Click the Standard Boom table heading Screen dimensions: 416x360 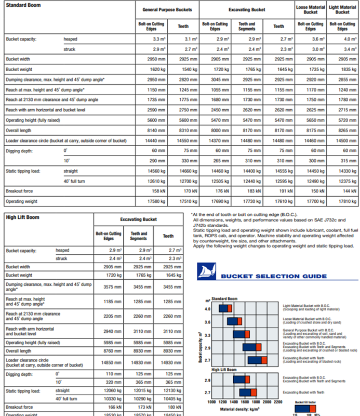click(23, 6)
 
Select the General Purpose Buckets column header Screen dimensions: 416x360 click(167, 9)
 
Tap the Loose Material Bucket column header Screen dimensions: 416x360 click(311, 9)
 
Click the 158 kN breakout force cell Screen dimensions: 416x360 click(156, 191)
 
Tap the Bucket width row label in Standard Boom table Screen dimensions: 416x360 click(18, 59)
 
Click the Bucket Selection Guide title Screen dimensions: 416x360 click(274, 276)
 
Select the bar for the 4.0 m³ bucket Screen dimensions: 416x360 click(227, 308)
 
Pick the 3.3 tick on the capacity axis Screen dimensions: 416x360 click(208, 335)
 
